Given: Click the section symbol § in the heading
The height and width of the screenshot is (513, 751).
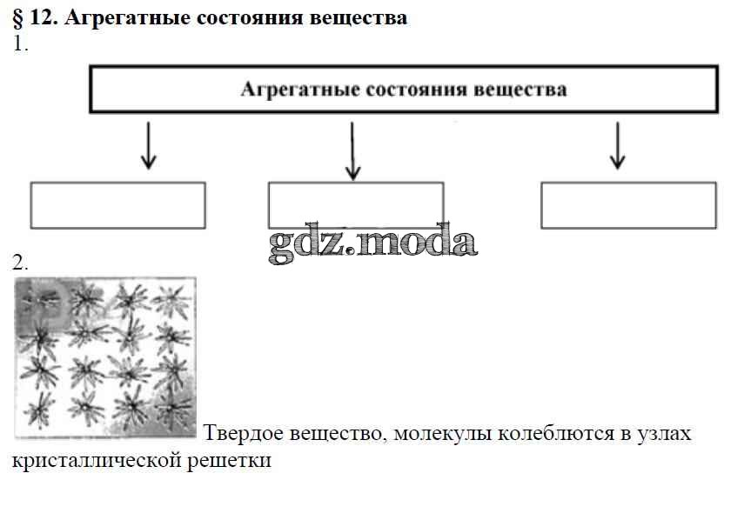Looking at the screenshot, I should pyautogui.click(x=18, y=18).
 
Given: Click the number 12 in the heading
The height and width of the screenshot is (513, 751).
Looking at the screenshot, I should pyautogui.click(x=44, y=18).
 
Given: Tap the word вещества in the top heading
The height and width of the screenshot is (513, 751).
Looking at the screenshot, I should pyautogui.click(x=359, y=18).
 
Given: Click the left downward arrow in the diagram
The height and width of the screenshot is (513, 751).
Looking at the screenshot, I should pyautogui.click(x=148, y=145).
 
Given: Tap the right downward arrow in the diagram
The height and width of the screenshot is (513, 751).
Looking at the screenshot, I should pyautogui.click(x=617, y=145).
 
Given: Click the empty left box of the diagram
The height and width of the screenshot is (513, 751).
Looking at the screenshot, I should pyautogui.click(x=118, y=205).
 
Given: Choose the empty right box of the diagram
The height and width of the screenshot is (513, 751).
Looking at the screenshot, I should pyautogui.click(x=628, y=205).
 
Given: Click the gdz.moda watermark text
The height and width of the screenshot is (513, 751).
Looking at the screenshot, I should pyautogui.click(x=372, y=244).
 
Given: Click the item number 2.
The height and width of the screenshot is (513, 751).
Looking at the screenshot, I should pyautogui.click(x=20, y=263).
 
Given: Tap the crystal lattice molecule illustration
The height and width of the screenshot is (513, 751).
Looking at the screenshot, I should pyautogui.click(x=104, y=357).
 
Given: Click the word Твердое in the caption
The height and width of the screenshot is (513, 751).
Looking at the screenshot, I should pyautogui.click(x=247, y=432).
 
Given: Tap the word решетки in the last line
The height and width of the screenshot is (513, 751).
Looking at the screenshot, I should pyautogui.click(x=230, y=460).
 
